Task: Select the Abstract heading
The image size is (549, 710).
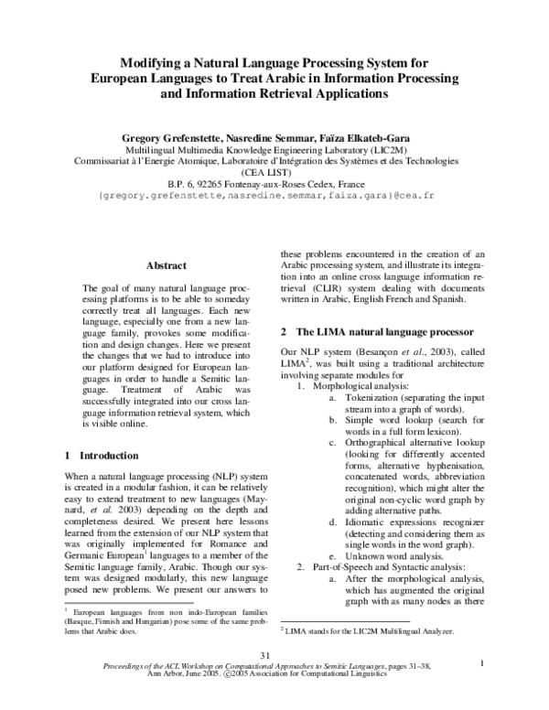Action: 167,264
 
